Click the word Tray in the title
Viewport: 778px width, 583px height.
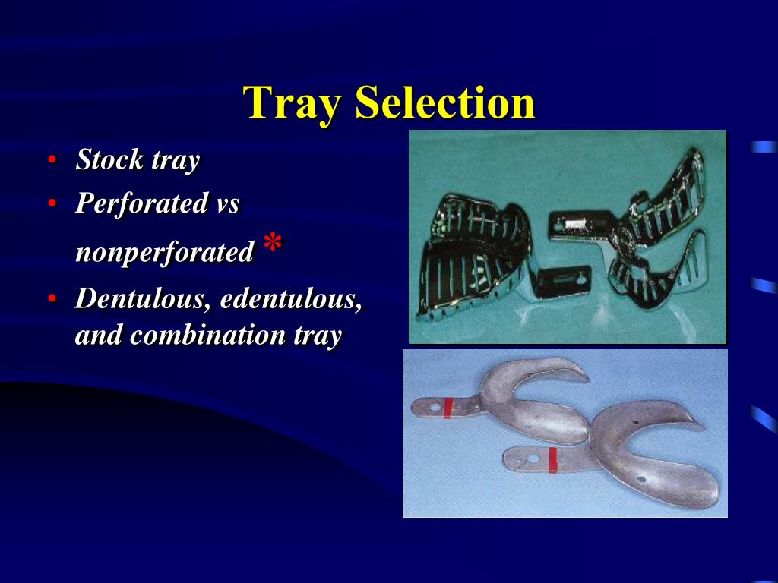click(x=292, y=103)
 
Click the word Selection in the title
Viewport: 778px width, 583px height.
click(x=444, y=103)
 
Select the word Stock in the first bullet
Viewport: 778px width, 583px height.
click(x=109, y=160)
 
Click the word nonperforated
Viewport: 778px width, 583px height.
click(x=164, y=252)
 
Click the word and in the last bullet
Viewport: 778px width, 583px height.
click(x=99, y=335)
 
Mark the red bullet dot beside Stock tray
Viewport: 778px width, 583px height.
click(x=52, y=160)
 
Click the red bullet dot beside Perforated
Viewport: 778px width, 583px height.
click(x=52, y=203)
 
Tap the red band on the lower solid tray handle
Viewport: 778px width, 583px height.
click(x=552, y=459)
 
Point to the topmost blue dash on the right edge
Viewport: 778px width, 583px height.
click(x=763, y=147)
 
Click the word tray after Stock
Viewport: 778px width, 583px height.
click(x=176, y=160)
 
